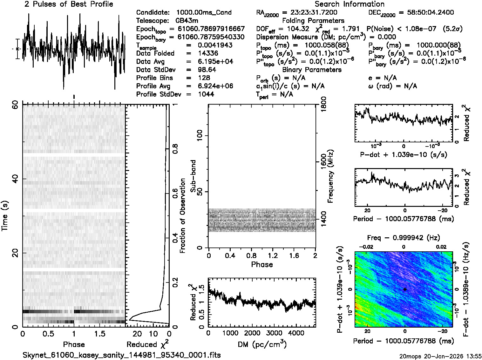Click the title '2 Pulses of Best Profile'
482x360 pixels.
69,4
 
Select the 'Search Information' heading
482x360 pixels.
350,4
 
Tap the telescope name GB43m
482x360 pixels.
187,21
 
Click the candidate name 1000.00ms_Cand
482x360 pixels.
204,13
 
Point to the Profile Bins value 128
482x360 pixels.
204,78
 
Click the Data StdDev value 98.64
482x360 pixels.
207,70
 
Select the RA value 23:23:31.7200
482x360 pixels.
314,13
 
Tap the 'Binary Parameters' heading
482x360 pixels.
312,70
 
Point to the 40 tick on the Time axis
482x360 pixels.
15,179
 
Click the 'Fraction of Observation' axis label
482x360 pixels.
183,215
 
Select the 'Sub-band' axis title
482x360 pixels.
193,176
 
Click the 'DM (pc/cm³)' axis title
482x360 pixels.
262,344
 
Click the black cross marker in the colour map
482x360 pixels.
404,289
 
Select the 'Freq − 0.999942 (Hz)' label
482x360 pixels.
404,238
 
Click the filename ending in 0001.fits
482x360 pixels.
122,355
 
